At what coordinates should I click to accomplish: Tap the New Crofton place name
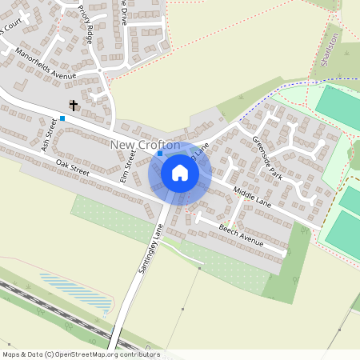pyautogui.click(x=145, y=144)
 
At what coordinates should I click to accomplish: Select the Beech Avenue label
pyautogui.click(x=240, y=237)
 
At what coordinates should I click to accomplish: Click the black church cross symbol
pyautogui.click(x=74, y=105)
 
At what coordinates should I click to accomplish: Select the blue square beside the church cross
pyautogui.click(x=62, y=118)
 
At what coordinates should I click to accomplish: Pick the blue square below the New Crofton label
pyautogui.click(x=160, y=153)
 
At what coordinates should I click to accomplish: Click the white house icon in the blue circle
pyautogui.click(x=180, y=172)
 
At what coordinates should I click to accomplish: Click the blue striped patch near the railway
pyautogui.click(x=64, y=284)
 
